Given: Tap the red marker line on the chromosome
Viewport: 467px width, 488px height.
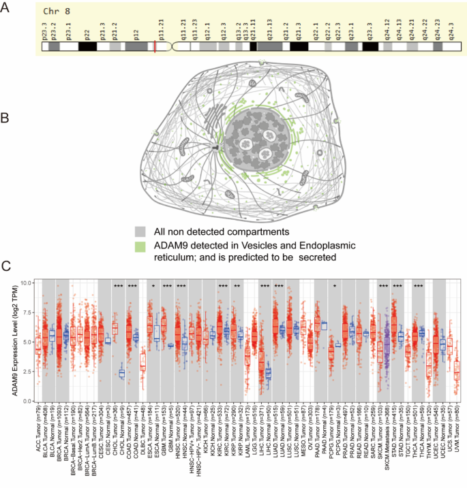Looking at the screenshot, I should coord(155,47).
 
